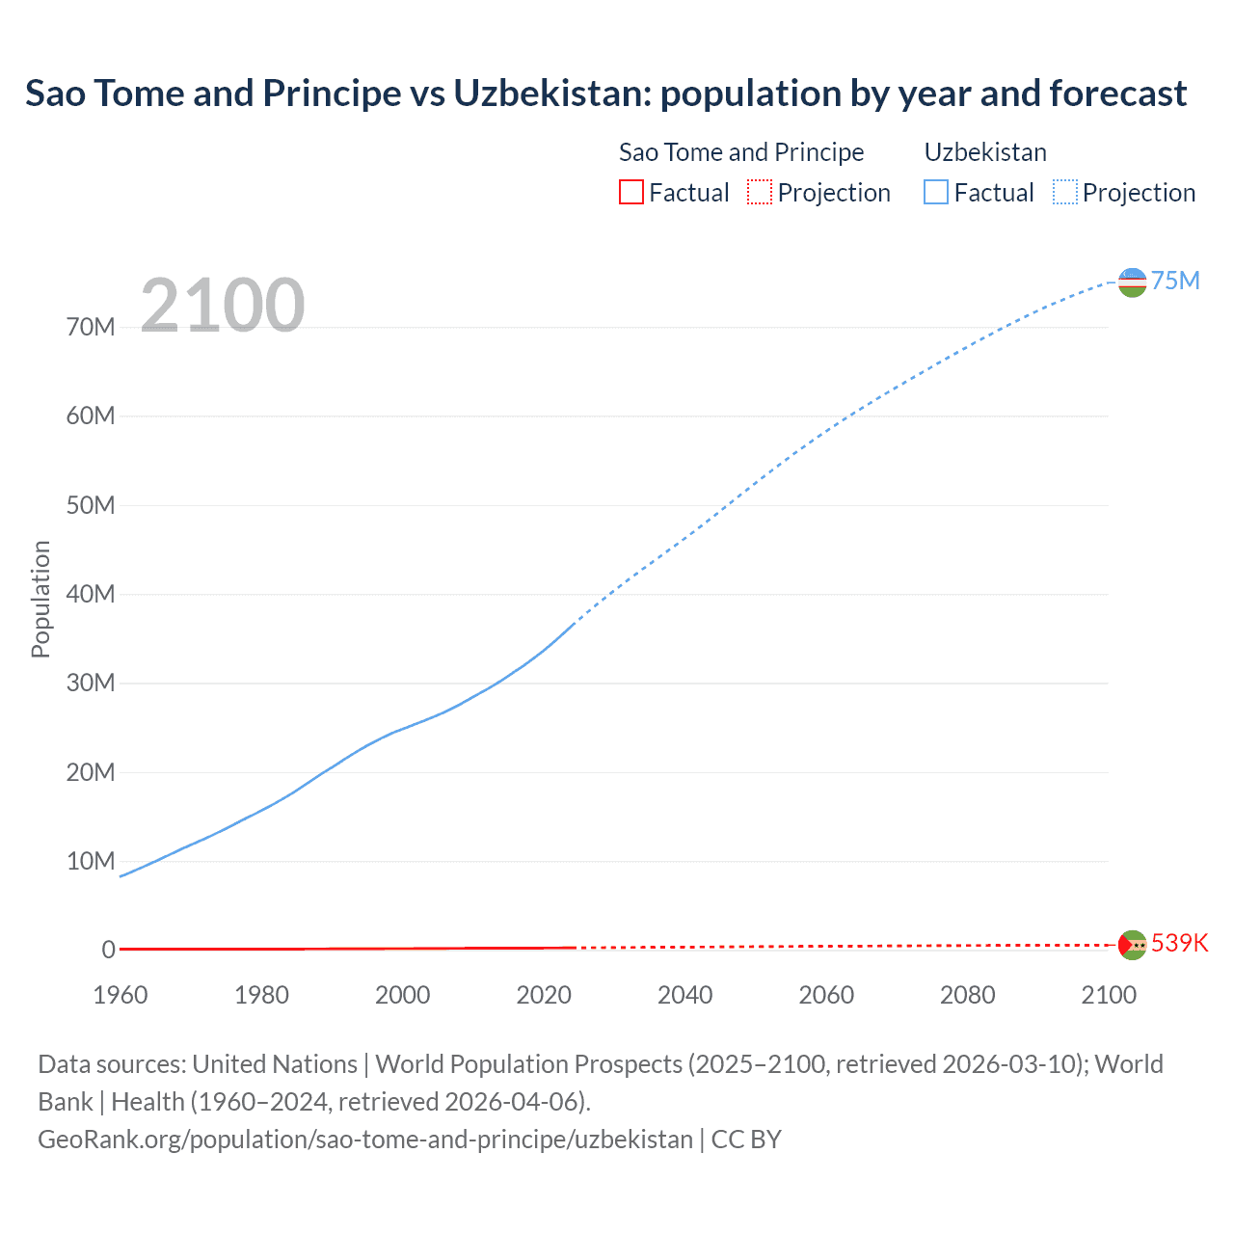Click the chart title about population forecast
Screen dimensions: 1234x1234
(605, 94)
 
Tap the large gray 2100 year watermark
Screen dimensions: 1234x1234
(223, 306)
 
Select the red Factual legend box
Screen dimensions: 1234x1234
(630, 192)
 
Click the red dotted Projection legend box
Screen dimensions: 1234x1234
(760, 192)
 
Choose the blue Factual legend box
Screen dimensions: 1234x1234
(935, 192)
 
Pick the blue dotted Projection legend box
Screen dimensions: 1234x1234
(1065, 192)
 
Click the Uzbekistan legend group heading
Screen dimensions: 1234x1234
(984, 152)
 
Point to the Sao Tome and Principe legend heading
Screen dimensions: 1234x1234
(740, 152)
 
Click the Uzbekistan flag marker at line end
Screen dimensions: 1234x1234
(1132, 282)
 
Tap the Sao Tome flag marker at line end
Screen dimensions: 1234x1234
(1132, 945)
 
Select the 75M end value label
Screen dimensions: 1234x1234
(1175, 281)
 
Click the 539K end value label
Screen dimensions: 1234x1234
(1179, 943)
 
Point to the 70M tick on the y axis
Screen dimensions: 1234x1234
(91, 327)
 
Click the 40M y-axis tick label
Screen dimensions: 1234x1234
(91, 594)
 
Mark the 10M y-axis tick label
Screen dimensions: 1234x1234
(91, 861)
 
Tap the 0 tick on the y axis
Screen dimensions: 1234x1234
(108, 950)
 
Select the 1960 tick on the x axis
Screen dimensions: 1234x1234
(121, 995)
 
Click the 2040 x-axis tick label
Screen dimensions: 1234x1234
(684, 995)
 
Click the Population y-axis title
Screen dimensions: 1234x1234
(40, 599)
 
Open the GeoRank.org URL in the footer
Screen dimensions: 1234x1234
(365, 1140)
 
